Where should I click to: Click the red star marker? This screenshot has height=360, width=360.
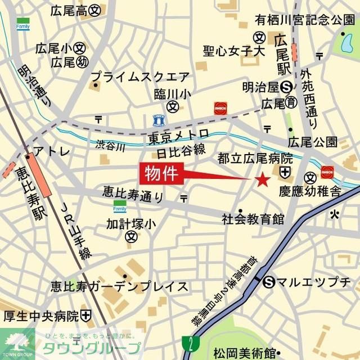262,180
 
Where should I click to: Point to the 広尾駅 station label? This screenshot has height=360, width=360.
281,55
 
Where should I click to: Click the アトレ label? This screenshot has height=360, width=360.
52,151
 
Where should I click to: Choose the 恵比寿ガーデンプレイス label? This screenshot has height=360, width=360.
119,286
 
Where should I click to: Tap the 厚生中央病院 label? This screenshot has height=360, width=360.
42,315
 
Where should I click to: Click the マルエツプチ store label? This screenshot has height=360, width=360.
313,282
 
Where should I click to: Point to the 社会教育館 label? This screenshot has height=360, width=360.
253,218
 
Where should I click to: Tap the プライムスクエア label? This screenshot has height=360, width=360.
140,75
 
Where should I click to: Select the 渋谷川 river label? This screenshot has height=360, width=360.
110,145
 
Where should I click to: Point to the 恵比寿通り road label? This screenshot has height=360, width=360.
133,194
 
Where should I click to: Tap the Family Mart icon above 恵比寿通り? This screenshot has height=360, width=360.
120,206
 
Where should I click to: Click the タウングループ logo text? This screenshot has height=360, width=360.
88,347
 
